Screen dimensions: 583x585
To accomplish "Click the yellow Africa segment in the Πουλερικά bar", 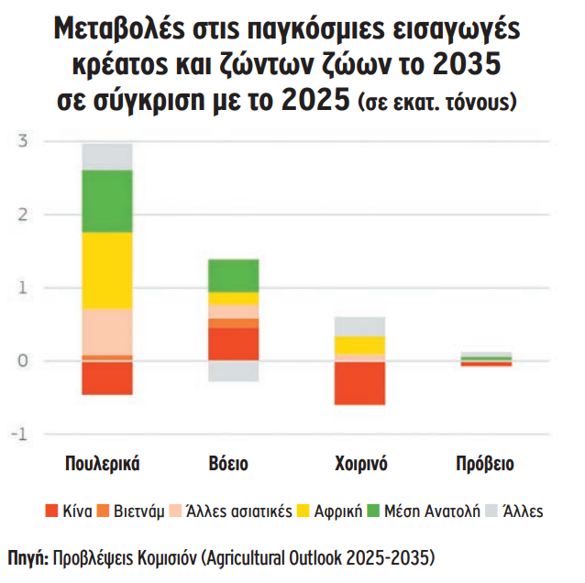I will [x=107, y=270].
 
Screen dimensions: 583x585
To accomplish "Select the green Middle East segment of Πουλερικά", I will [x=107, y=202].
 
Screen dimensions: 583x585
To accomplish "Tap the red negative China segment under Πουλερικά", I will [x=107, y=378].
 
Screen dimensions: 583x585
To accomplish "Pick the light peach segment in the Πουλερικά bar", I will [x=107, y=331].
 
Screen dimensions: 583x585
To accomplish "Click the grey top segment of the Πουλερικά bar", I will [x=107, y=157].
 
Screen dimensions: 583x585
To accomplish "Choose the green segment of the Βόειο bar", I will [x=233, y=276].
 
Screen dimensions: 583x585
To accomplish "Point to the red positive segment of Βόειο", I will [x=233, y=344].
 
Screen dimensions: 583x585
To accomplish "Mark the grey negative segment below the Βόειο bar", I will [x=233, y=370].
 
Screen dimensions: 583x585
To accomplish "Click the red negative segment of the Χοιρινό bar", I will [x=359, y=383].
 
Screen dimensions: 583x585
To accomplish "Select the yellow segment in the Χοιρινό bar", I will [x=359, y=345].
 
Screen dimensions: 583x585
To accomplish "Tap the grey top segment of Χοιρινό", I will [x=359, y=326].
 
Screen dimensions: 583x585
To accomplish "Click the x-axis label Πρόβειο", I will [x=485, y=464].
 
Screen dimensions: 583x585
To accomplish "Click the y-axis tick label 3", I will [x=25, y=141].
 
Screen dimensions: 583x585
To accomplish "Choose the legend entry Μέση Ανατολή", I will [x=431, y=511].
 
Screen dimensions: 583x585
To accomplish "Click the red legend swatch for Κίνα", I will [x=51, y=511].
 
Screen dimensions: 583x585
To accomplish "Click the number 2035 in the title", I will [x=463, y=67].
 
